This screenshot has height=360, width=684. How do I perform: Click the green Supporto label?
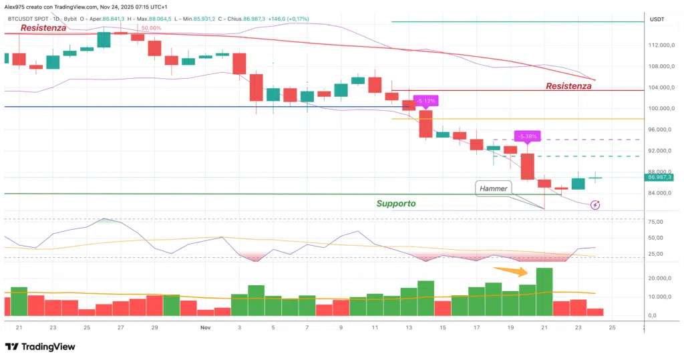(395, 203)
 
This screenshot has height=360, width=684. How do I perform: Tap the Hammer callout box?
(494, 189)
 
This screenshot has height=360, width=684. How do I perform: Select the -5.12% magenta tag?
(425, 101)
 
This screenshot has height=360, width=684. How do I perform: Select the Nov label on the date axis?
(206, 328)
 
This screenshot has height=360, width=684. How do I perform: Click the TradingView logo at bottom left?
(40, 347)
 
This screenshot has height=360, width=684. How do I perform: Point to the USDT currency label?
(657, 20)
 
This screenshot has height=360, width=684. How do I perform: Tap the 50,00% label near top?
(150, 29)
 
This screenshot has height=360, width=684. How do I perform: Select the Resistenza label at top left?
(43, 28)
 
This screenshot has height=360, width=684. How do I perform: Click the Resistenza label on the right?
(568, 85)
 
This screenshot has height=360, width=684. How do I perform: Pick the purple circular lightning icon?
(595, 205)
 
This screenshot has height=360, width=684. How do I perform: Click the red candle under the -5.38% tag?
(528, 167)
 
